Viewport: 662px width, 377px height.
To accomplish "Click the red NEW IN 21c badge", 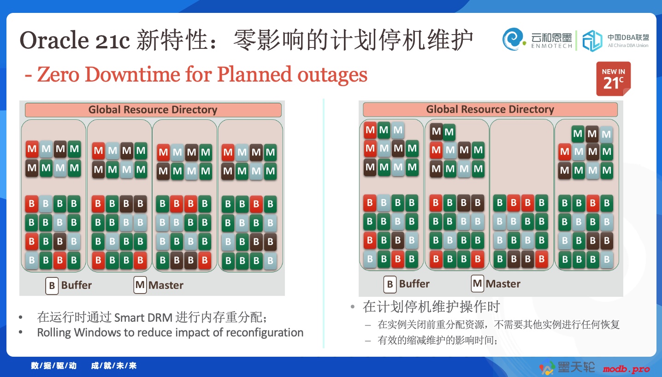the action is [613, 79].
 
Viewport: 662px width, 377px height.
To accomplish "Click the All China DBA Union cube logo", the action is [592, 41].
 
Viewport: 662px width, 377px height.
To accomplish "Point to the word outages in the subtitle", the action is [332, 75].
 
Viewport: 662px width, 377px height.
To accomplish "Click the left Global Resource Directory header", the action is [153, 110].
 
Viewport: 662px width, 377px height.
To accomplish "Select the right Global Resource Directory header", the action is [490, 109].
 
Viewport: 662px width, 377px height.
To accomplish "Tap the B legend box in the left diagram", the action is [52, 286].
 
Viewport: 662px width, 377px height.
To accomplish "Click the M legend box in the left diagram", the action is [140, 285].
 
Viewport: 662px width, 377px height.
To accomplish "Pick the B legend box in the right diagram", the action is [390, 284].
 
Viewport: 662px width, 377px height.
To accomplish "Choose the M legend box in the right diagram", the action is [477, 283].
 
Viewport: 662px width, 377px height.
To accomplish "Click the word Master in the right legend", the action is [503, 284].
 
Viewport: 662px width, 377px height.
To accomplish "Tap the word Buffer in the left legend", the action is [77, 285].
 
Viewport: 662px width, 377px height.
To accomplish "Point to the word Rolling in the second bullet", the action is [54, 333].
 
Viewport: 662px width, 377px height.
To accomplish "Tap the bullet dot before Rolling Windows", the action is [20, 332].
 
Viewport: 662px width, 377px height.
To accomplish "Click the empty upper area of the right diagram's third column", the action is [521, 157].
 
